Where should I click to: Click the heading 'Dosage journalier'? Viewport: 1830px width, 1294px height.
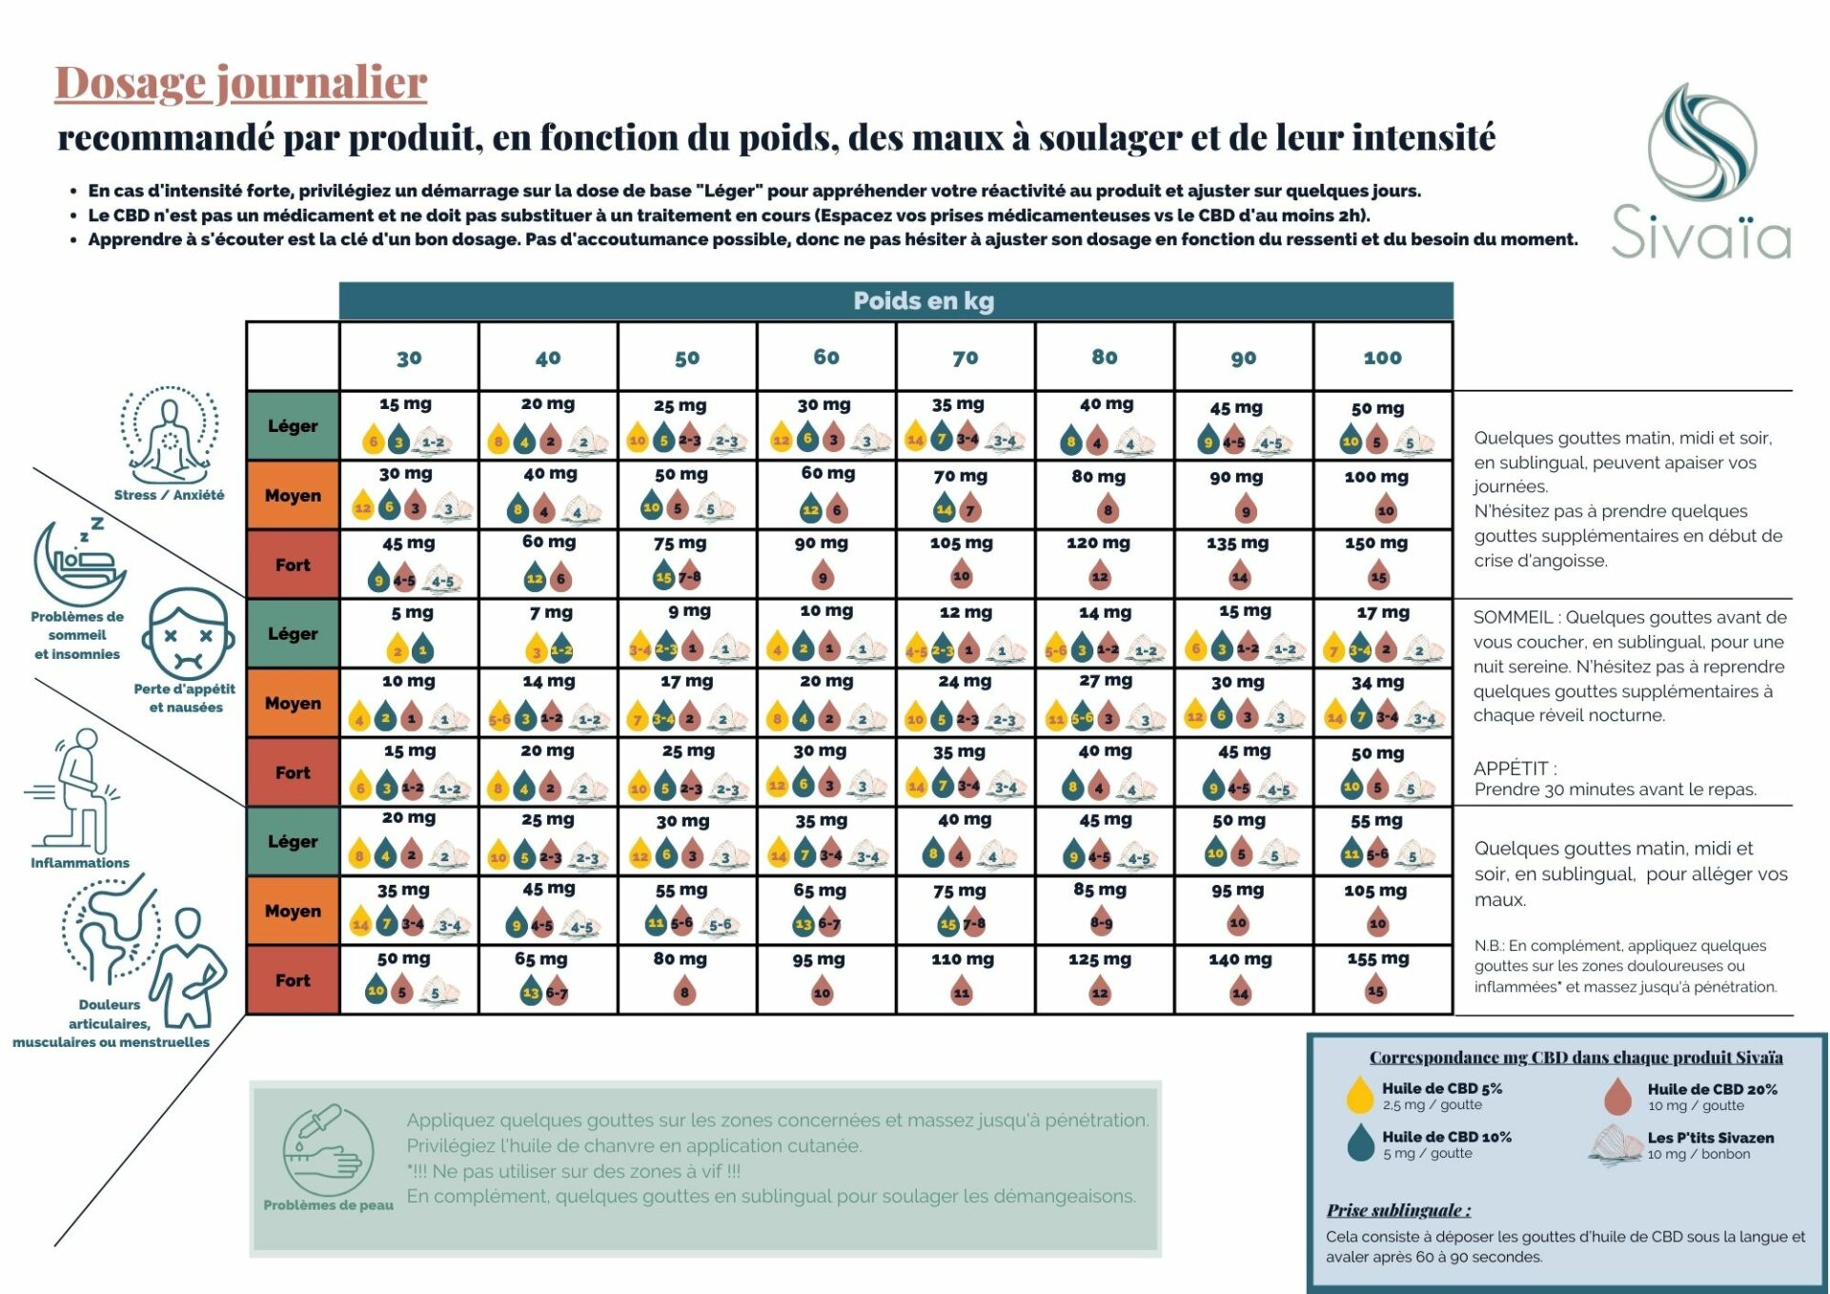[240, 83]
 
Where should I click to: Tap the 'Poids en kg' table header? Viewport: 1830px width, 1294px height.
[923, 301]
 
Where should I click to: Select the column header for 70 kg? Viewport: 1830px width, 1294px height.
[965, 358]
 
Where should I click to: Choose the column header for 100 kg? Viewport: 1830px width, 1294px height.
[1382, 358]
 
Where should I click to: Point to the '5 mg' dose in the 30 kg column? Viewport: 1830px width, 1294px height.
[412, 613]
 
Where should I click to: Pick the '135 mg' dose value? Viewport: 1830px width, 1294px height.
[1237, 544]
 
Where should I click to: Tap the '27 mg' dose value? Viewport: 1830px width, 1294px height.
[1106, 682]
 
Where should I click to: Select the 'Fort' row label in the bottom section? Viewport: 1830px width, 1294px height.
[293, 980]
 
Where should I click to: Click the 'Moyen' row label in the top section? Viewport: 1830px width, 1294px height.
[293, 496]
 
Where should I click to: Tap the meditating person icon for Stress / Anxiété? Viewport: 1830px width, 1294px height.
[169, 436]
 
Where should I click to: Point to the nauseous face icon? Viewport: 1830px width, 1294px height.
[189, 633]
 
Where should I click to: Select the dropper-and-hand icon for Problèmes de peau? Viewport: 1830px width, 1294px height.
[328, 1149]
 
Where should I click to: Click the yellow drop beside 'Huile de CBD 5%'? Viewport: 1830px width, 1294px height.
[1359, 1096]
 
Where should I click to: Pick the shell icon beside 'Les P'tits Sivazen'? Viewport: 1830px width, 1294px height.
[1615, 1143]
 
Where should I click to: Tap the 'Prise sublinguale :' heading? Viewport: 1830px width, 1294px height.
[1398, 1210]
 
